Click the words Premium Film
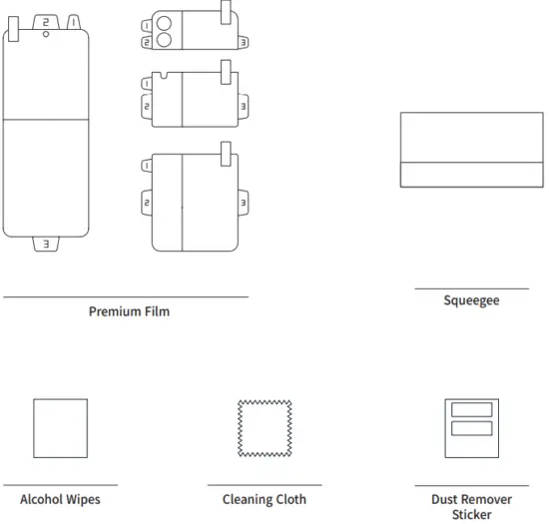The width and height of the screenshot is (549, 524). tap(129, 311)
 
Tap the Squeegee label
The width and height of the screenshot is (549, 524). tap(471, 300)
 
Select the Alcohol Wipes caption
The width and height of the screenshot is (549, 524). tap(60, 499)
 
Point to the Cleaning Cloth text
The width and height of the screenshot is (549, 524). tap(264, 499)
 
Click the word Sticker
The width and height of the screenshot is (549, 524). tap(472, 515)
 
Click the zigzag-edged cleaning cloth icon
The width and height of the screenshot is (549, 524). tap(264, 427)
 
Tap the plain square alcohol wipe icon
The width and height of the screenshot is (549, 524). tap(60, 427)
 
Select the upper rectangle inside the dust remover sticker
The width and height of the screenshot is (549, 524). tap(471, 410)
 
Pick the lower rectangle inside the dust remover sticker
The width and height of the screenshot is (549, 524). tap(471, 428)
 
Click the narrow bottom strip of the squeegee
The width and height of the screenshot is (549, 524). tap(471, 175)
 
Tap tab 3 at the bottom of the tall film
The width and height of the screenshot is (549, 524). tap(45, 244)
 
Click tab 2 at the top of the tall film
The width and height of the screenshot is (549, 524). tap(45, 21)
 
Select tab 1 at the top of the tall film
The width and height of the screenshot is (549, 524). tap(73, 21)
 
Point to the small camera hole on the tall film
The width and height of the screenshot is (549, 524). tap(45, 35)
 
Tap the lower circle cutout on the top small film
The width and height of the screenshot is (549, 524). tap(162, 41)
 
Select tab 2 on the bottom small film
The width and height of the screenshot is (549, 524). tap(147, 203)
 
